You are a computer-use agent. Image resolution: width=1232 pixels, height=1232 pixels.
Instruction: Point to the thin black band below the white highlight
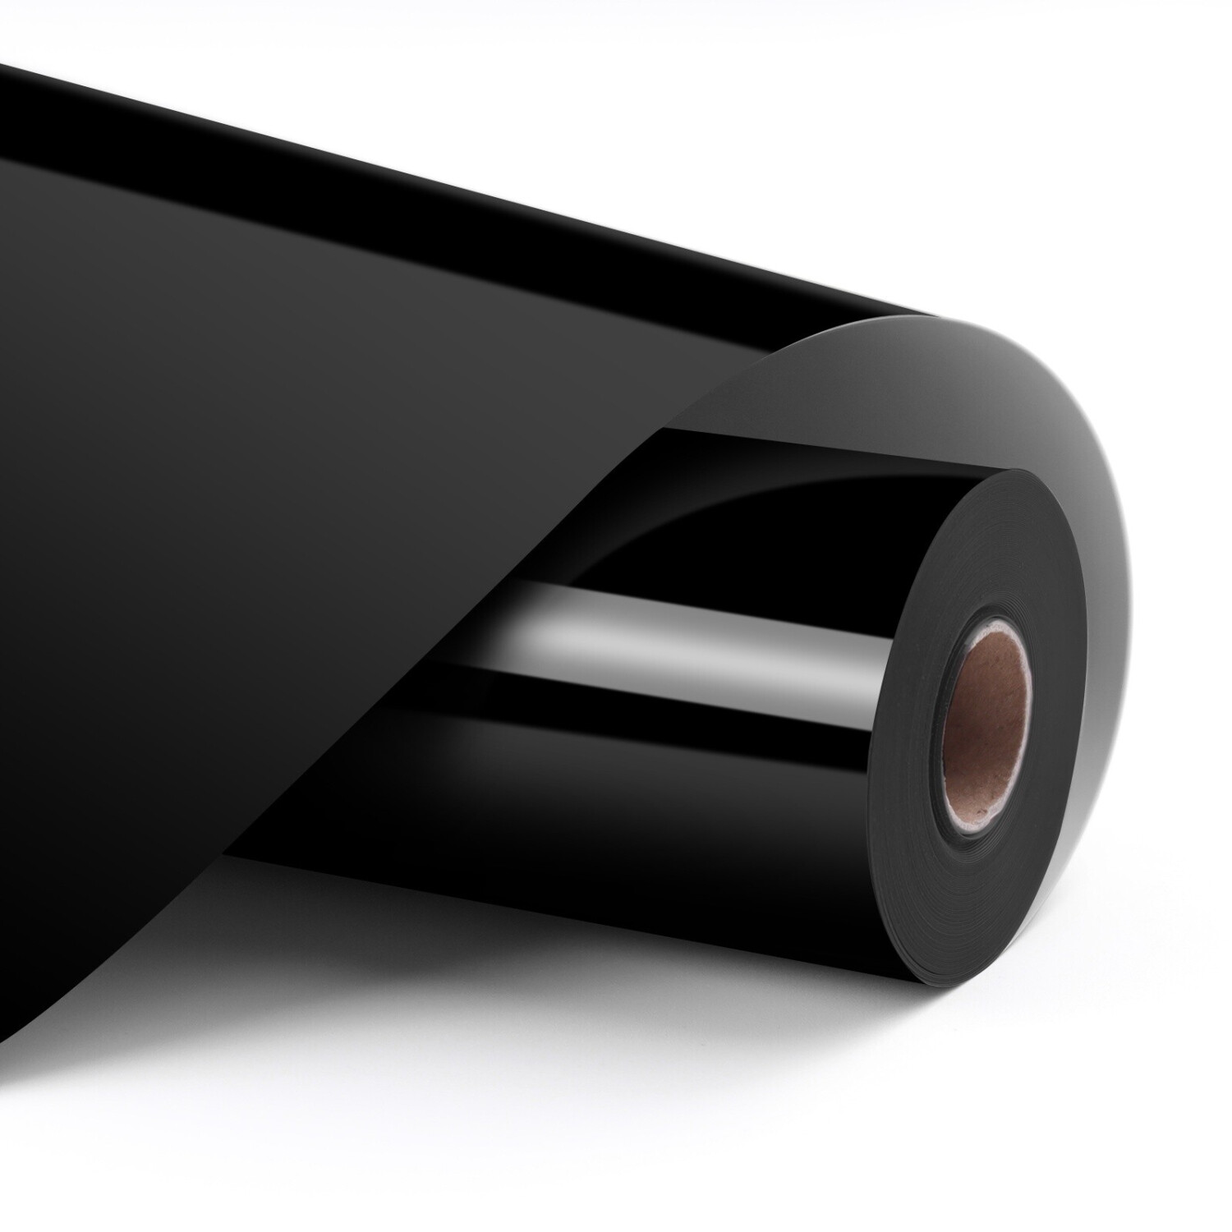(698, 698)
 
